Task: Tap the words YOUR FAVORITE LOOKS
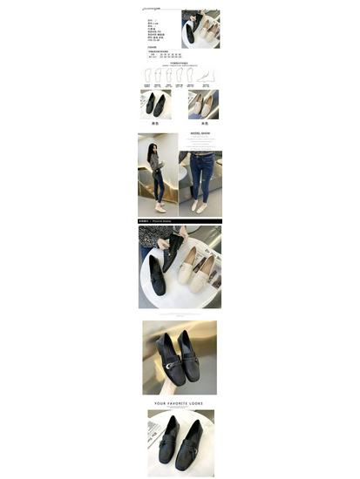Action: pos(180,403)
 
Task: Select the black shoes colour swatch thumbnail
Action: pos(155,105)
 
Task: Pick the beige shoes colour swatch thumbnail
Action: pos(203,105)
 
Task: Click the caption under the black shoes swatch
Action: pos(155,124)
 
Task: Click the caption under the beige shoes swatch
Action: pos(203,124)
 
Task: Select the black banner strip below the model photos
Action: pos(180,221)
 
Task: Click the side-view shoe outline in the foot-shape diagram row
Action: pos(204,77)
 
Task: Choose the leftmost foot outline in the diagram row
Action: pos(147,77)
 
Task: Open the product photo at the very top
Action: pos(200,29)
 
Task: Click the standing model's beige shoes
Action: pos(160,207)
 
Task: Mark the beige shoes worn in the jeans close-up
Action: pos(200,207)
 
